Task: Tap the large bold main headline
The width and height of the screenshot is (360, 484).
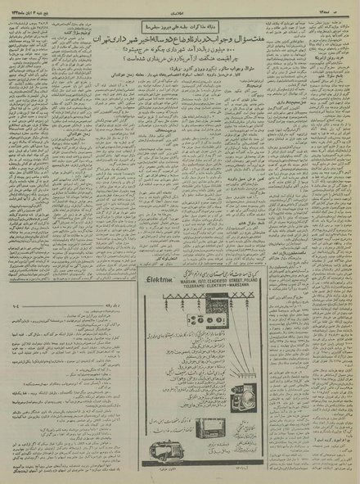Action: [179, 39]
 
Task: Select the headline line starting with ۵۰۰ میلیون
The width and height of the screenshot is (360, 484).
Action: [179, 51]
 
